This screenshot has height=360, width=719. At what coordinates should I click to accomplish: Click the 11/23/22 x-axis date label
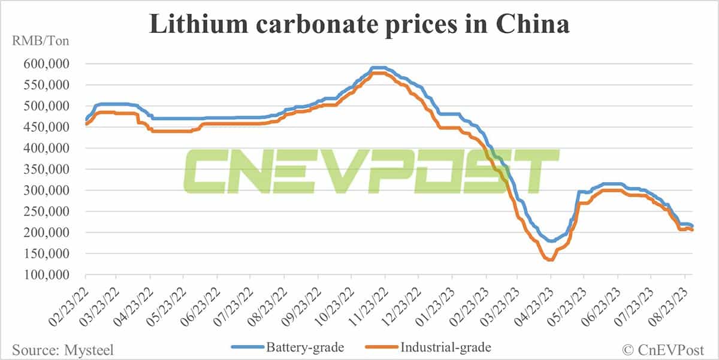pyautogui.click(x=368, y=300)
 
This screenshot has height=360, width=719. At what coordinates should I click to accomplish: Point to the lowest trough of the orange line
pyautogui.click(x=549, y=260)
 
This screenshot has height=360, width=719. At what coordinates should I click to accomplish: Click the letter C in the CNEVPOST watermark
pyautogui.click(x=207, y=168)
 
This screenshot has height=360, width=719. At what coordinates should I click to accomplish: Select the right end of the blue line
pyautogui.click(x=693, y=226)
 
